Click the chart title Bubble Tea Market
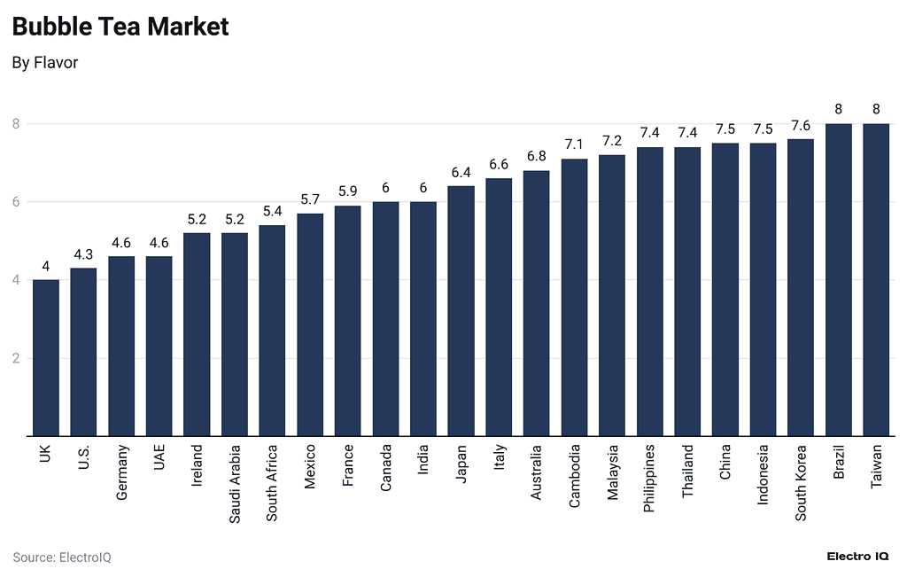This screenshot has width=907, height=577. pyautogui.click(x=120, y=27)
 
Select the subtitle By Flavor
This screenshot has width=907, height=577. pyautogui.click(x=45, y=63)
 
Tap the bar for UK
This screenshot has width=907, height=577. pyautogui.click(x=46, y=358)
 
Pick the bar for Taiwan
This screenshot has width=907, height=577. pyautogui.click(x=876, y=280)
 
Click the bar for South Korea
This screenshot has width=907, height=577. pyautogui.click(x=801, y=288)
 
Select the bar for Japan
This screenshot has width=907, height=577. pyautogui.click(x=461, y=311)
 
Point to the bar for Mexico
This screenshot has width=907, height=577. pyautogui.click(x=310, y=325)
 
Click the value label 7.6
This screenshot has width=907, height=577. pyautogui.click(x=801, y=126)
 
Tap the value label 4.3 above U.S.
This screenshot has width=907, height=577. pyautogui.click(x=83, y=254)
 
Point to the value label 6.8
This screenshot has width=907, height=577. pyautogui.click(x=537, y=157)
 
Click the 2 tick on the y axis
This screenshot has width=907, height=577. pyautogui.click(x=16, y=359)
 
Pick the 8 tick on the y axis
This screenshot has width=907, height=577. pyautogui.click(x=16, y=124)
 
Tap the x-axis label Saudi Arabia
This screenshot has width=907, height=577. pyautogui.click(x=235, y=484)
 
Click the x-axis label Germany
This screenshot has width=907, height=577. pyautogui.click(x=122, y=472)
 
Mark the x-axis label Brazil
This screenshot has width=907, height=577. pyautogui.click(x=839, y=463)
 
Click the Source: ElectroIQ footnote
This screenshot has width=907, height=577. pyautogui.click(x=62, y=558)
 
